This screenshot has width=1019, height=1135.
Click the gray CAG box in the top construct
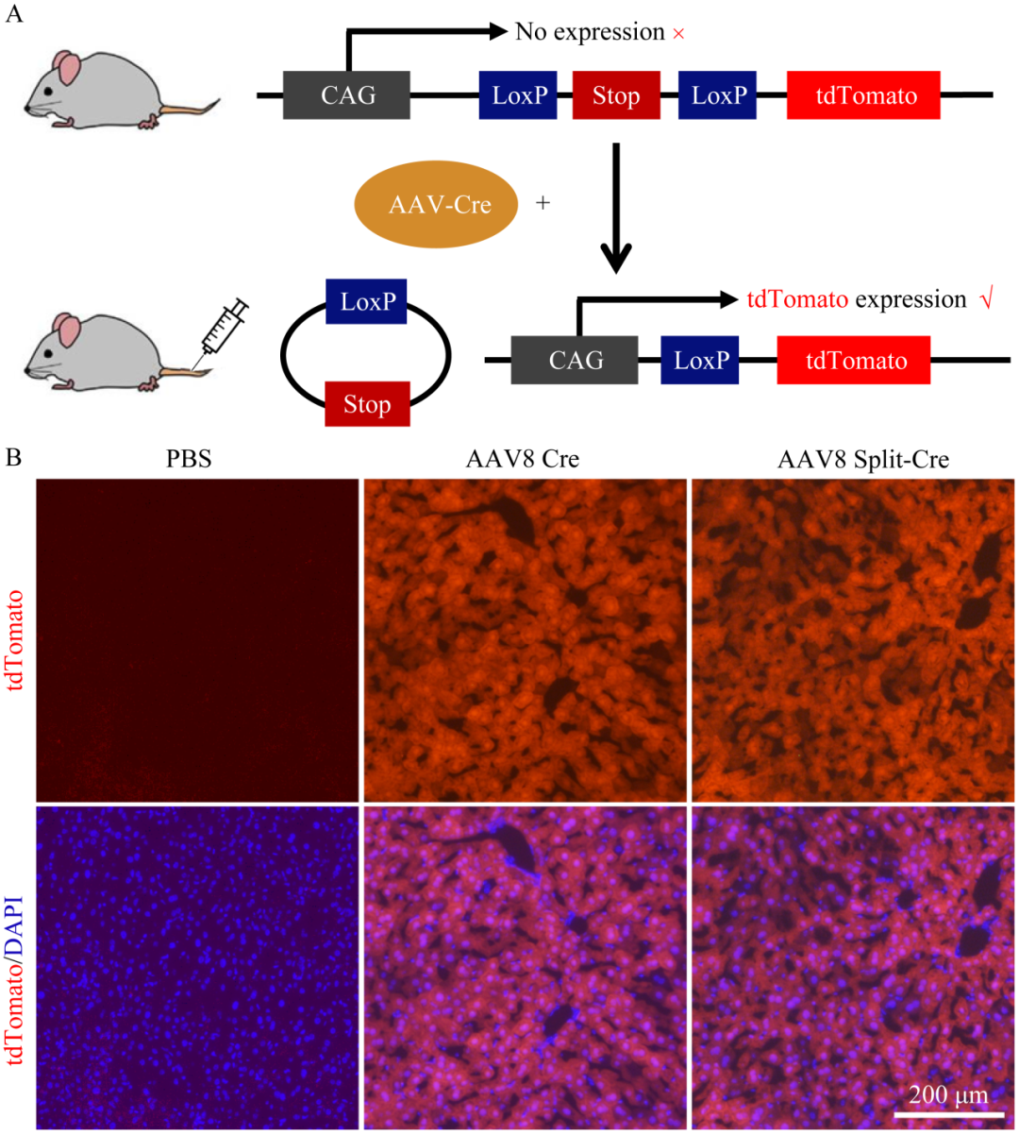point(346,95)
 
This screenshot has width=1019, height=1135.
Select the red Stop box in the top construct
point(616,95)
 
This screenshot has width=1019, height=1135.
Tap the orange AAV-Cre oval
point(436,205)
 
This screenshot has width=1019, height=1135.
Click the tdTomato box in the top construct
point(863,95)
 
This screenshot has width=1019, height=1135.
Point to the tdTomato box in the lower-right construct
point(854,361)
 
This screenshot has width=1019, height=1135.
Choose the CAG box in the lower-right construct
point(575,361)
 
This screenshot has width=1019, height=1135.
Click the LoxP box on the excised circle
point(366,301)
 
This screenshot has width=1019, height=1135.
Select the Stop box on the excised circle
point(367,404)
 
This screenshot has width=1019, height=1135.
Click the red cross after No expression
point(678,34)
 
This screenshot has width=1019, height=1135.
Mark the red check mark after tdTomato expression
point(986,300)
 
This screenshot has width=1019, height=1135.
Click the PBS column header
point(189,460)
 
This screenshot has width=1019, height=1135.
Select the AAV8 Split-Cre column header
point(862,460)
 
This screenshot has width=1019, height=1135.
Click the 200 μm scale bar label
point(947,1095)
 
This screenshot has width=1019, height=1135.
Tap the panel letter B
point(13,458)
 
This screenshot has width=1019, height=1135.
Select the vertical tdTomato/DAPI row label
point(16,967)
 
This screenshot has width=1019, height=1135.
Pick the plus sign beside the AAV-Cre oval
point(543,203)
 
